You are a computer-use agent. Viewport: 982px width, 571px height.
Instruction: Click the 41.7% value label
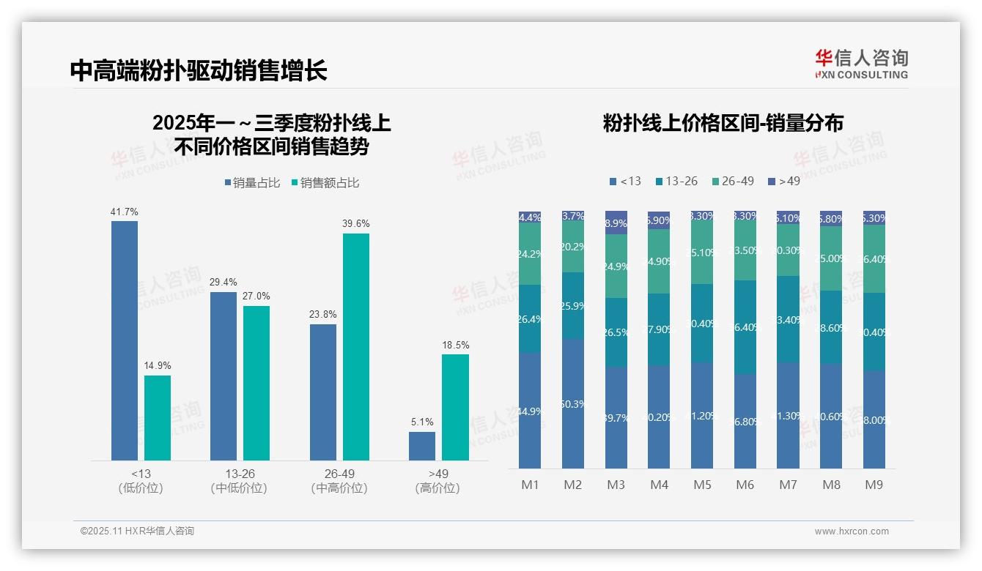125,212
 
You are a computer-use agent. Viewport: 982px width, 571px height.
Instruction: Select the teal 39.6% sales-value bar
356,346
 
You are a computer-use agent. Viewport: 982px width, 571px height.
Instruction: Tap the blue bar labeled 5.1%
422,446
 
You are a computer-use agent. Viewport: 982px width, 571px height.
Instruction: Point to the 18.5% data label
456,345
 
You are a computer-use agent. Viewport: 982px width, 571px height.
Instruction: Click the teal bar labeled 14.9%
158,417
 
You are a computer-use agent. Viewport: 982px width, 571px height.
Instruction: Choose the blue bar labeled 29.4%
224,376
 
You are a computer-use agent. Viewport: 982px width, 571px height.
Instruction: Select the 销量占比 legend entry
252,183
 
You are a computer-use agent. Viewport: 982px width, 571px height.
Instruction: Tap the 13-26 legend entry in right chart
676,181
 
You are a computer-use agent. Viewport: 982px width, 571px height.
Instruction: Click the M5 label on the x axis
703,485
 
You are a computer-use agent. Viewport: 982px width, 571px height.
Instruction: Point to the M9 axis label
874,485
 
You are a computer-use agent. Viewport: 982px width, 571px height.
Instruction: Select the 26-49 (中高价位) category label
339,481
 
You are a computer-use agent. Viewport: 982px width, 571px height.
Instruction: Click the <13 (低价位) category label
141,481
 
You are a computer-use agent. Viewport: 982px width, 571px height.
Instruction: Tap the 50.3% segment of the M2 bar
573,403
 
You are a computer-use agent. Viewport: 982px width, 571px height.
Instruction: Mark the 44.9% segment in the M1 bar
530,411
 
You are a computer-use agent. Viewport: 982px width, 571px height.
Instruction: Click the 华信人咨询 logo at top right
862,64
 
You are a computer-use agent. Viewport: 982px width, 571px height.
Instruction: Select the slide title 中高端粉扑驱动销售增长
198,70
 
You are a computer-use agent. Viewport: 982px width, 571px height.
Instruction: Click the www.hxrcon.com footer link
852,531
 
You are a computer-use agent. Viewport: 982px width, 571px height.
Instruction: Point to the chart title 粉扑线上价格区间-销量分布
723,123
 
